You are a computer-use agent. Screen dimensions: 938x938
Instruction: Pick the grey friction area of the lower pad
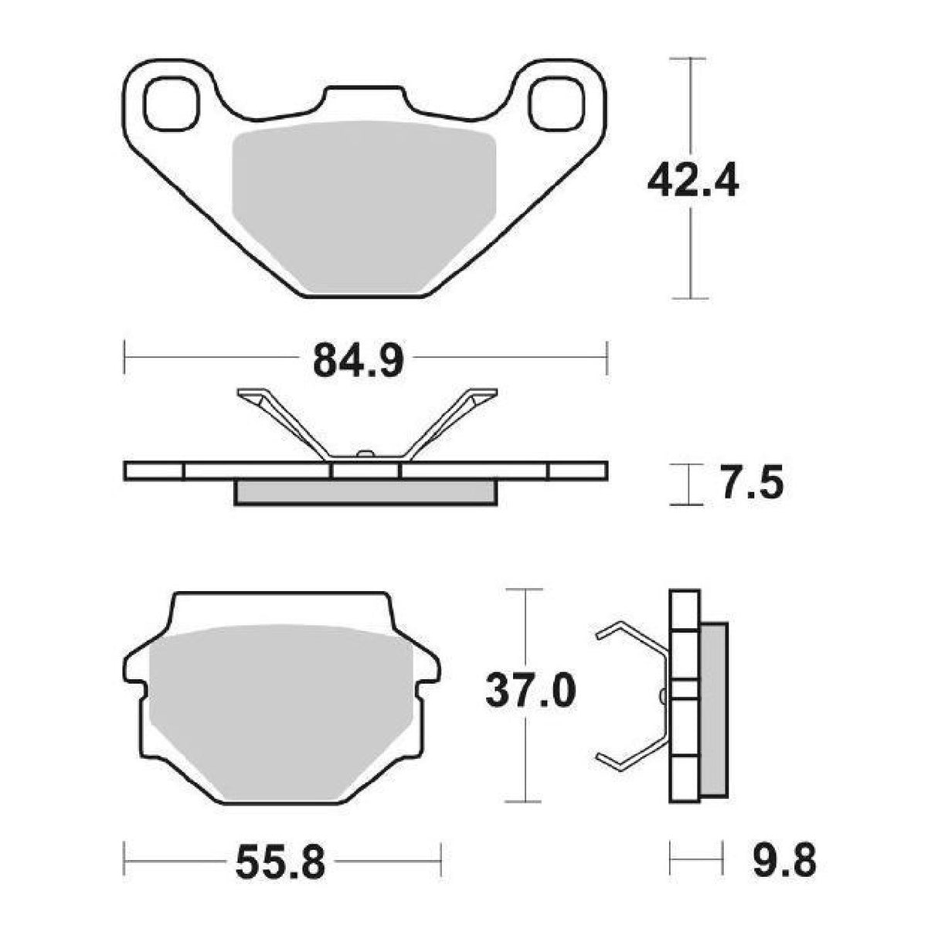coord(282,711)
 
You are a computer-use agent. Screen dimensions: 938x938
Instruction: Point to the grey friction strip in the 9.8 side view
coord(713,711)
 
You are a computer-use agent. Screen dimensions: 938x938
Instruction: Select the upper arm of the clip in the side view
coord(630,634)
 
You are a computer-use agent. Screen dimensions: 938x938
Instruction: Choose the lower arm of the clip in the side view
coord(630,753)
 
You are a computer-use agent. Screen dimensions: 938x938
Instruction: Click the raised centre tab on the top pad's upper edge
coord(364,99)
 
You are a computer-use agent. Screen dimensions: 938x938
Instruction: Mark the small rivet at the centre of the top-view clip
coord(365,454)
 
